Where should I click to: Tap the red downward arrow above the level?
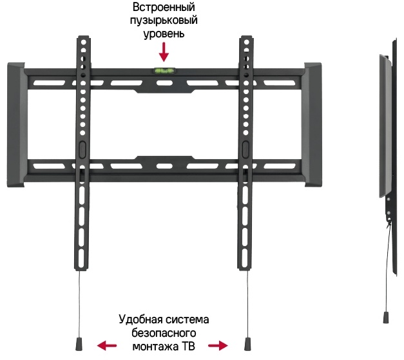(x=164, y=50)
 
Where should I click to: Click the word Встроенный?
(x=164, y=8)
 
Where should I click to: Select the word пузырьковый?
(x=164, y=21)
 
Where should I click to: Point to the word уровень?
(x=164, y=33)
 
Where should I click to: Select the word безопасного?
(x=163, y=333)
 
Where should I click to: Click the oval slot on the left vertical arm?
(x=82, y=147)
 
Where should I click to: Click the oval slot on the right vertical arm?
(x=245, y=147)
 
